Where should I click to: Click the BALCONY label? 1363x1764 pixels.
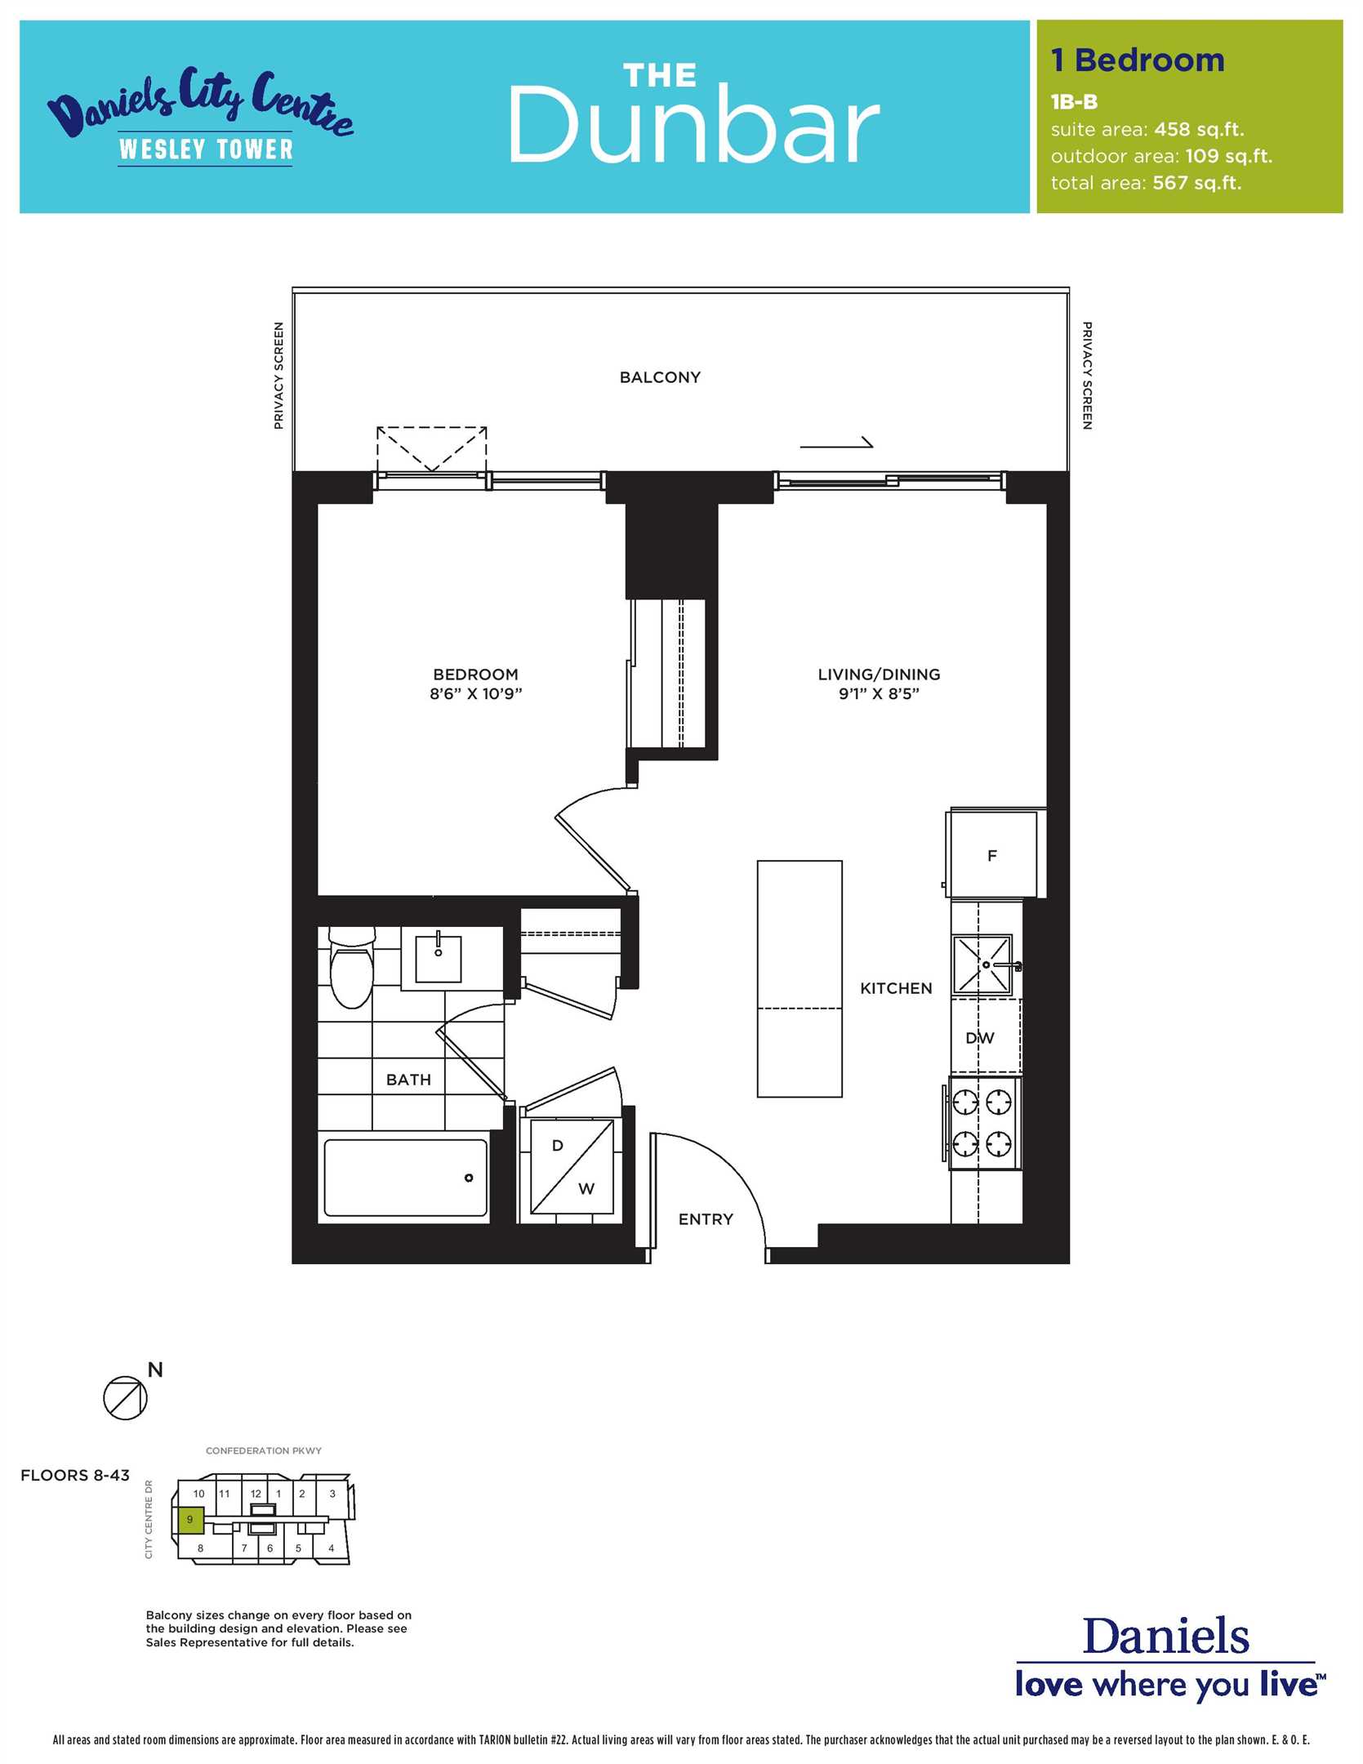(660, 377)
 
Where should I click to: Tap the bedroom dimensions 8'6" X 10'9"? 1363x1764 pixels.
(476, 694)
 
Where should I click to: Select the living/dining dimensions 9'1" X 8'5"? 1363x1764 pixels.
(879, 694)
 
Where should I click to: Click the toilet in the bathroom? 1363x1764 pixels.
(351, 967)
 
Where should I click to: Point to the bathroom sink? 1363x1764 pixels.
(439, 959)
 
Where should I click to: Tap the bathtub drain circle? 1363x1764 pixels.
(469, 1178)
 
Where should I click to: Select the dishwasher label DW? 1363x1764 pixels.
(980, 1038)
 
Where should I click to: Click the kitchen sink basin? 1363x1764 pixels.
(982, 965)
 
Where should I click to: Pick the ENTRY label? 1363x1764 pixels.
(706, 1219)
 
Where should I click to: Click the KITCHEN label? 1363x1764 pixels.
(896, 988)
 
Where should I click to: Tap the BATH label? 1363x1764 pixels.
(408, 1080)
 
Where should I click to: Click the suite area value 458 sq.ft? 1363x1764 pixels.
(1199, 130)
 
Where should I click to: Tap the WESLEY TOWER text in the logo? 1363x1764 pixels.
(206, 149)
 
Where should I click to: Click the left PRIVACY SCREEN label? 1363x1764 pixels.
(278, 376)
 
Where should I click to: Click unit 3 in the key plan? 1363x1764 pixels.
(332, 1494)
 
